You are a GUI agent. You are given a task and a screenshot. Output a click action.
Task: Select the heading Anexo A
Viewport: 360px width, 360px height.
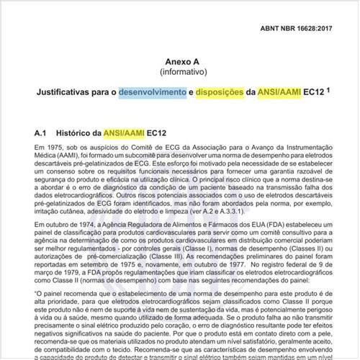(x=181, y=62)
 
